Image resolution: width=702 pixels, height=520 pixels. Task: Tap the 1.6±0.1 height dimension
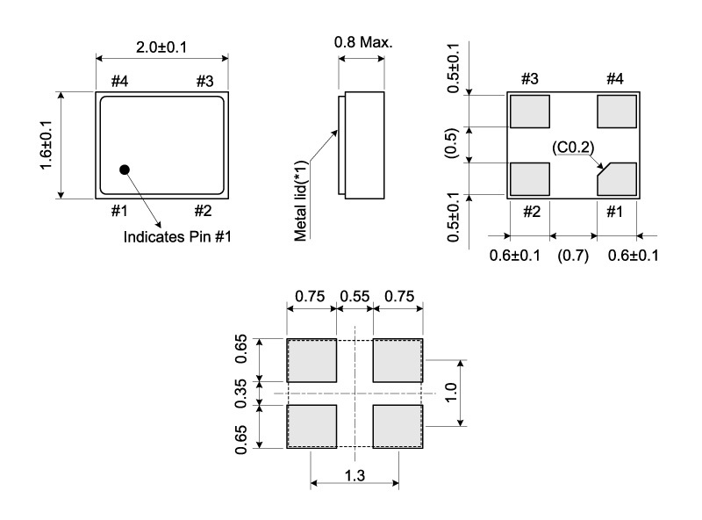point(45,146)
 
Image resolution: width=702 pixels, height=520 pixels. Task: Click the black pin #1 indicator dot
point(125,169)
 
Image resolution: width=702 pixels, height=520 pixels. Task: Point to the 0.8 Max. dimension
point(363,42)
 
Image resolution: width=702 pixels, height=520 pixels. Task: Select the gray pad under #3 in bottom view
point(529,112)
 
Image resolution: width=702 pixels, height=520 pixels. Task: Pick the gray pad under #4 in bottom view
point(617,112)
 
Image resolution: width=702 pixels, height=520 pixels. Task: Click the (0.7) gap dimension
point(574,256)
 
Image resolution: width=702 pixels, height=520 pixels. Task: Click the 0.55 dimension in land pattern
point(355,297)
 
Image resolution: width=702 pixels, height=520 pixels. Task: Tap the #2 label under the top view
point(202,211)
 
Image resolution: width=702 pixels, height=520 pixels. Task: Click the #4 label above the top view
point(119,81)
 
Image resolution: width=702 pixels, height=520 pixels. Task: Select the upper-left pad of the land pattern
point(312,360)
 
